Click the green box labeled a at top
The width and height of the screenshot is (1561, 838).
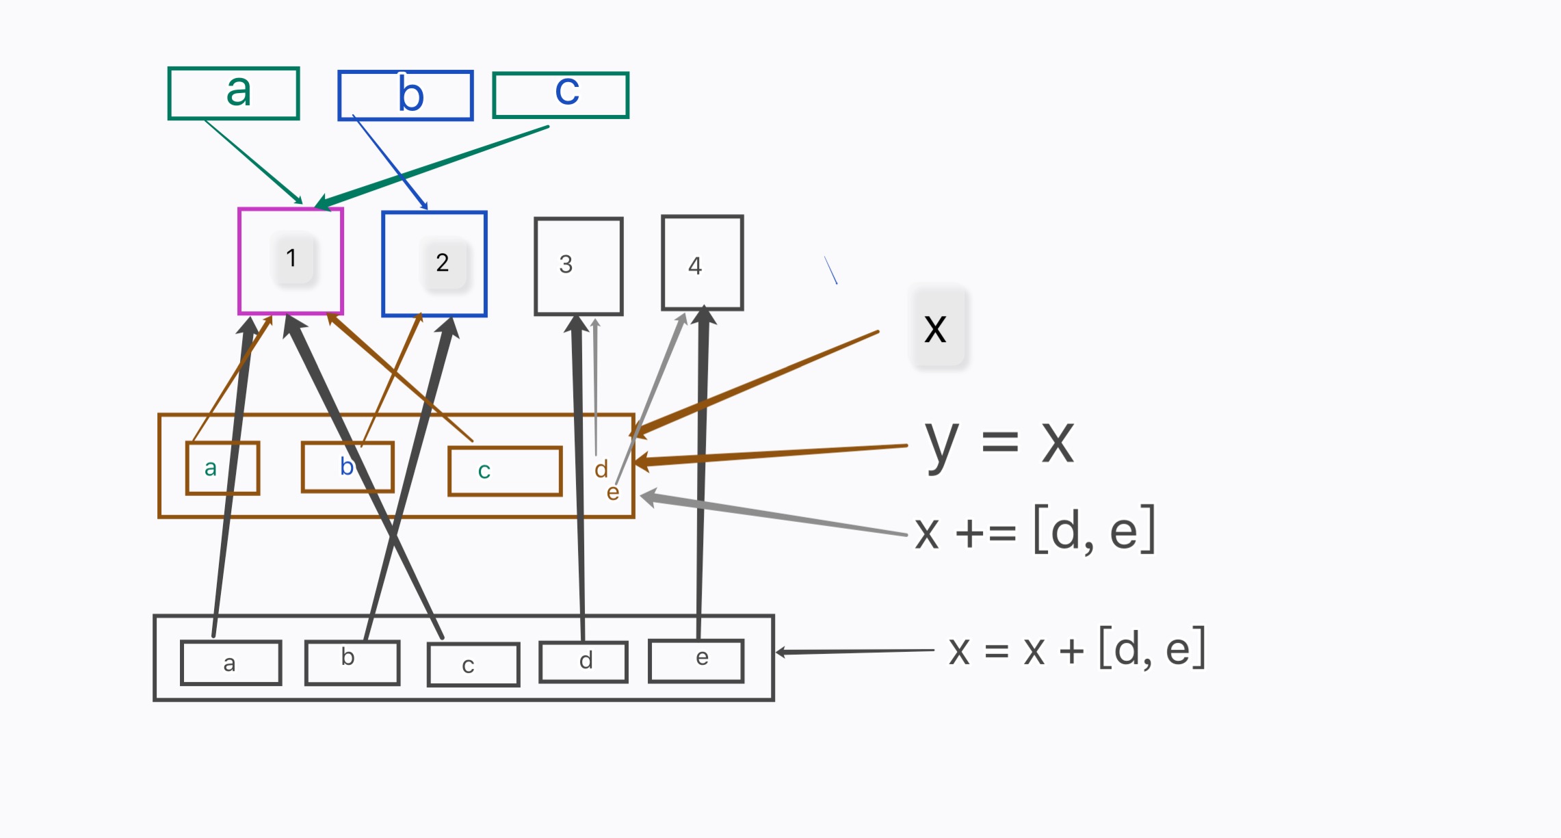pyautogui.click(x=233, y=93)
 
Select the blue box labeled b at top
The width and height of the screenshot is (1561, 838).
pyautogui.click(x=406, y=95)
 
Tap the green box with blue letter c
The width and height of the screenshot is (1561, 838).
pyautogui.click(x=560, y=94)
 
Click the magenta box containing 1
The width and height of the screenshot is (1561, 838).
pyautogui.click(x=291, y=261)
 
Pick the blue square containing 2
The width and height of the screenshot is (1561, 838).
pyautogui.click(x=434, y=263)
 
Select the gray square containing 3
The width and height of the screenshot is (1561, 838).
pyautogui.click(x=579, y=266)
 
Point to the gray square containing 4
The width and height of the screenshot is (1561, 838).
pyautogui.click(x=703, y=263)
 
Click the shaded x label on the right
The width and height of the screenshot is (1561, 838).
pyautogui.click(x=936, y=329)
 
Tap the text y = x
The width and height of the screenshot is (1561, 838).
pyautogui.click(x=999, y=443)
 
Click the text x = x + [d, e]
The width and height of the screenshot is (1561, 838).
pyautogui.click(x=1077, y=649)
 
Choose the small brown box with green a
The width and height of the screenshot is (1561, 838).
pyautogui.click(x=222, y=468)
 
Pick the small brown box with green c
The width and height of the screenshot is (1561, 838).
pyautogui.click(x=505, y=471)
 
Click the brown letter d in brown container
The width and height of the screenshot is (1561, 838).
pyautogui.click(x=601, y=469)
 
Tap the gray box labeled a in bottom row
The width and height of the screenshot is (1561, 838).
pyautogui.click(x=231, y=663)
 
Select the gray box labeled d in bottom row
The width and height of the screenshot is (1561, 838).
pyautogui.click(x=583, y=662)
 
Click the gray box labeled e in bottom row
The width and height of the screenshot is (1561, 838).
pyautogui.click(x=696, y=660)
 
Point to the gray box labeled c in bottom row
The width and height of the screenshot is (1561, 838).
pyautogui.click(x=473, y=664)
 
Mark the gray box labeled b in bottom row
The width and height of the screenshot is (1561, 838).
pyautogui.click(x=352, y=662)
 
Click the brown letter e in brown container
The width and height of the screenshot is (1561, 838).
pyautogui.click(x=613, y=493)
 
